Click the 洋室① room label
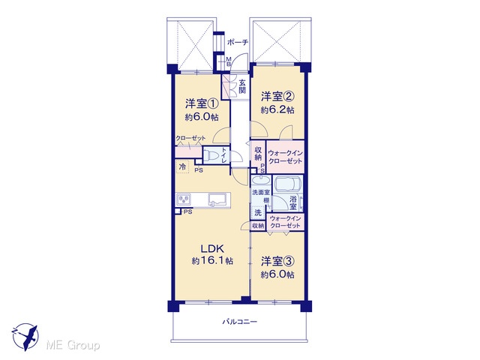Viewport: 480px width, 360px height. pos(202,103)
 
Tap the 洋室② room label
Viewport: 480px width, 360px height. pos(277,97)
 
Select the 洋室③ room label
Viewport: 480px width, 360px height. pos(277,261)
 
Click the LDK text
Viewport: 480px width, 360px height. pos(212,248)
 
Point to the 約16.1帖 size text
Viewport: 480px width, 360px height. pos(212,260)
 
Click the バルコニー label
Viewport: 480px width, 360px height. pos(240,322)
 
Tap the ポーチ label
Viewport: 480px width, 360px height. pos(238,43)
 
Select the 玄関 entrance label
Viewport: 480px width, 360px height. pos(242,86)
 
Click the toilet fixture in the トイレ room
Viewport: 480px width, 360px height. pos(211,155)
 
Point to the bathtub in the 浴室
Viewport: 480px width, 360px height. pos(287,184)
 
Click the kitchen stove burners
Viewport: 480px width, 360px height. pos(183,200)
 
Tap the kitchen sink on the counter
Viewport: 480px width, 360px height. pos(219,200)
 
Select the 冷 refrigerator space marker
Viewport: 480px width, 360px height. pos(182,166)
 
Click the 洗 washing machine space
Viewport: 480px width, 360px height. pos(258,212)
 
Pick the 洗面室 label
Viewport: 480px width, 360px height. pos(261,193)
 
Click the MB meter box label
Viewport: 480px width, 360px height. pos(228,61)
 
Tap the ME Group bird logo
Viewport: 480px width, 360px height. pos(25,337)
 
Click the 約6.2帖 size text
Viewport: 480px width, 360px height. pos(277,109)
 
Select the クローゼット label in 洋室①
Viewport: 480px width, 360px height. pos(190,138)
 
